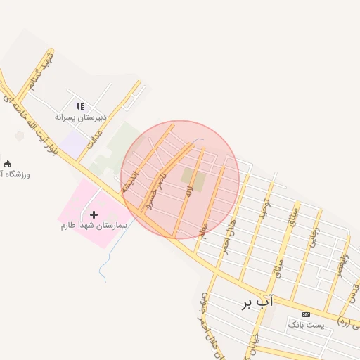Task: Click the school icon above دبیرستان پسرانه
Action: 81,106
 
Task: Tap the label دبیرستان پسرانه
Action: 81,117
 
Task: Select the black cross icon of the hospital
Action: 94,214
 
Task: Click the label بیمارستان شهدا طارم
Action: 93,226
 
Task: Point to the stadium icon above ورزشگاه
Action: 8,163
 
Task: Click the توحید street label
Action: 264,210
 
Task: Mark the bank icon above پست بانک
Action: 306,314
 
